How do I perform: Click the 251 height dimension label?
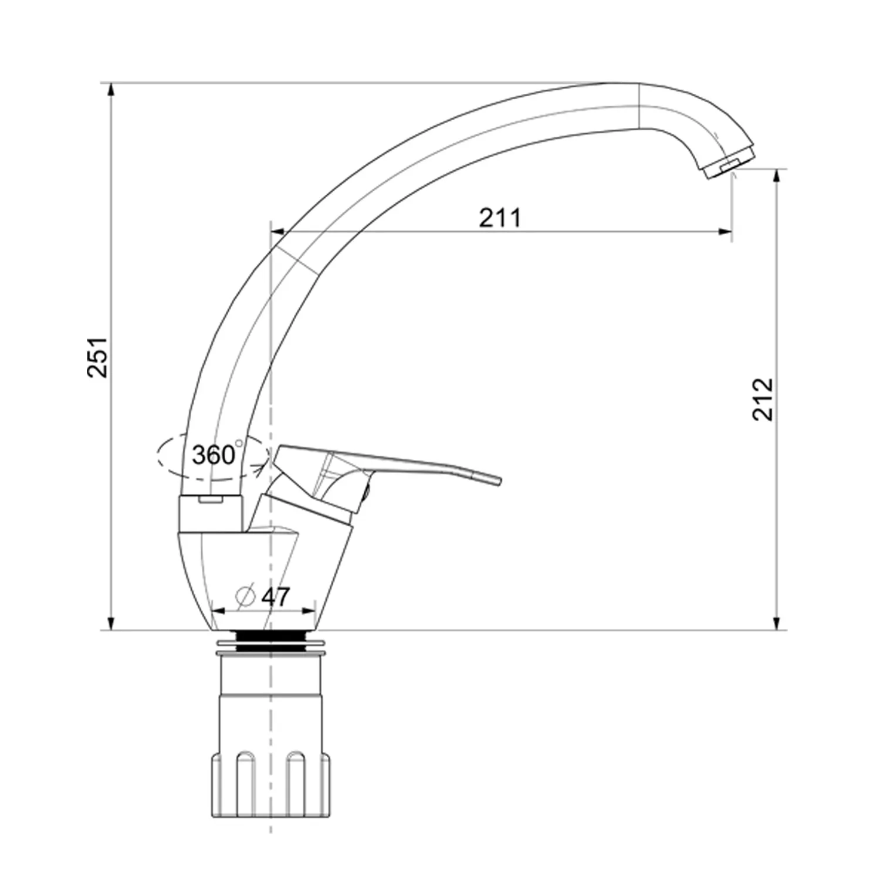tap(97, 357)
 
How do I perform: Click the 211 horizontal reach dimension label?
tap(500, 218)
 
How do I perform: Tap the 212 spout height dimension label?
tap(763, 399)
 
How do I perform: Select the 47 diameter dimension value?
tap(275, 597)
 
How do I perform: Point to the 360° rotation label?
tap(214, 455)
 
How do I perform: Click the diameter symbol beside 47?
tap(245, 597)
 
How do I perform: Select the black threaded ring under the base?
tap(271, 640)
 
